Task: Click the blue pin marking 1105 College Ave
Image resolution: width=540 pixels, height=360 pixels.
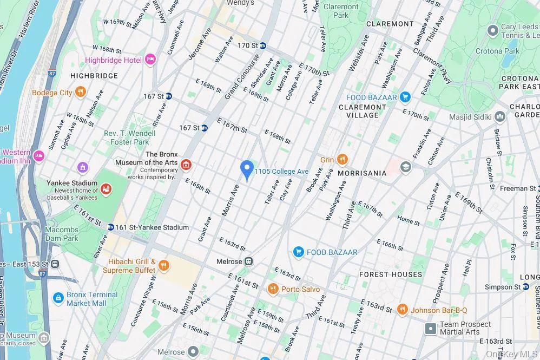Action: tap(247, 170)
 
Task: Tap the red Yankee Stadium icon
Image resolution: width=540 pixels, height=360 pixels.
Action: tap(106, 189)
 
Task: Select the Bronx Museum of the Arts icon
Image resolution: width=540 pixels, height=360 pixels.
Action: tap(186, 165)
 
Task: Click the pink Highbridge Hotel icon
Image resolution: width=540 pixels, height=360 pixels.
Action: tap(150, 60)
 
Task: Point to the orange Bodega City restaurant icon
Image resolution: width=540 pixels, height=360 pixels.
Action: tap(81, 92)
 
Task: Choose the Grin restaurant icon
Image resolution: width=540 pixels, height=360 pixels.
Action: tap(342, 159)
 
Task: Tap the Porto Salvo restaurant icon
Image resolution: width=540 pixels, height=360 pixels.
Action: tap(273, 289)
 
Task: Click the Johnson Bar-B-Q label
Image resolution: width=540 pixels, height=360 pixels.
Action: tap(439, 310)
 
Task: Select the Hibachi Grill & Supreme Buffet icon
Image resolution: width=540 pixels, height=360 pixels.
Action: tap(164, 266)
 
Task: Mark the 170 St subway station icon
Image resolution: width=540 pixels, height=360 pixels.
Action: tap(263, 45)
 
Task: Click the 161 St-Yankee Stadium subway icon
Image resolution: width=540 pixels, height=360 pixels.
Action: tap(110, 227)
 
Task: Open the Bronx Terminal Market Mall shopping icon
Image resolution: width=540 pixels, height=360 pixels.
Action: tap(58, 298)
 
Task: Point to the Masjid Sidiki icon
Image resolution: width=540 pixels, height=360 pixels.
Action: tap(500, 116)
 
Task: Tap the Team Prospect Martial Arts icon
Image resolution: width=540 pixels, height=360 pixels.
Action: tap(431, 328)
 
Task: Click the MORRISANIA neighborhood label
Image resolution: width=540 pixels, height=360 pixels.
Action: tap(362, 173)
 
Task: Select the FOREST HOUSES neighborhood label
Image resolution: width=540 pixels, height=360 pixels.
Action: tap(390, 274)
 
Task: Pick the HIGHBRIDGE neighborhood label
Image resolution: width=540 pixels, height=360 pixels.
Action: tap(94, 76)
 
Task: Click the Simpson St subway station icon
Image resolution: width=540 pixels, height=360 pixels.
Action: tap(525, 287)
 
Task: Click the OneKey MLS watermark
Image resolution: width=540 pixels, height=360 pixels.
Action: tap(511, 354)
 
